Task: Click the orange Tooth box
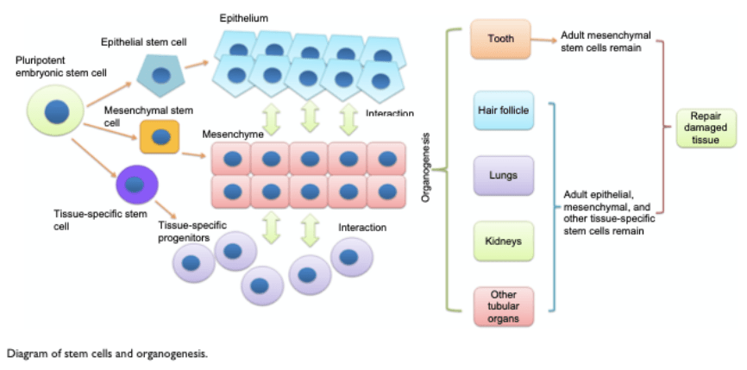(499, 40)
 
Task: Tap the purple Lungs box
(502, 175)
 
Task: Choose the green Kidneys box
(502, 241)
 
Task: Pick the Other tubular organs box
(502, 306)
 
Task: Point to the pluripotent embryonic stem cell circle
(57, 112)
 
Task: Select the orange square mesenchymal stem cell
(160, 137)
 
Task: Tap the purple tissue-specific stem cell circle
(136, 184)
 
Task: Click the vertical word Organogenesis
(425, 169)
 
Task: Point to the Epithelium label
(243, 17)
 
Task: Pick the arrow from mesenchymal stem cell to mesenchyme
(193, 154)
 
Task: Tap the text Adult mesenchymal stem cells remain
(606, 42)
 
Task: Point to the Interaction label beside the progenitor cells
(362, 228)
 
